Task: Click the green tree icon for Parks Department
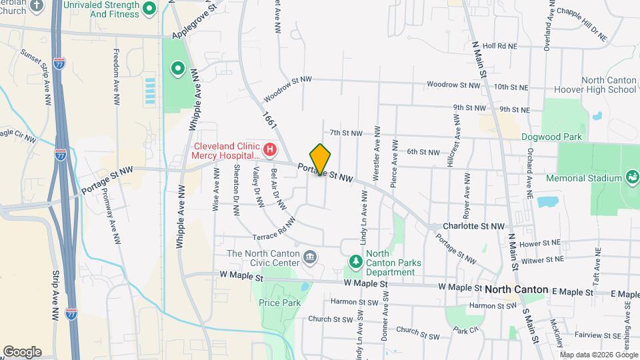[x=355, y=262]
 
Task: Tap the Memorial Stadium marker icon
[x=631, y=178]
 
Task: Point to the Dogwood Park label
[x=551, y=137]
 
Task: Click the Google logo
[x=22, y=351]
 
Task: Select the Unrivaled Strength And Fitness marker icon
[x=150, y=9]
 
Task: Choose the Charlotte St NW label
[x=474, y=227]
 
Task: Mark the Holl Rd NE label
[x=499, y=45]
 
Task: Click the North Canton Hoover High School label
[x=609, y=85]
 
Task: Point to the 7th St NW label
[x=345, y=133]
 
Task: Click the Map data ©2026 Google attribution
[x=597, y=353]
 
